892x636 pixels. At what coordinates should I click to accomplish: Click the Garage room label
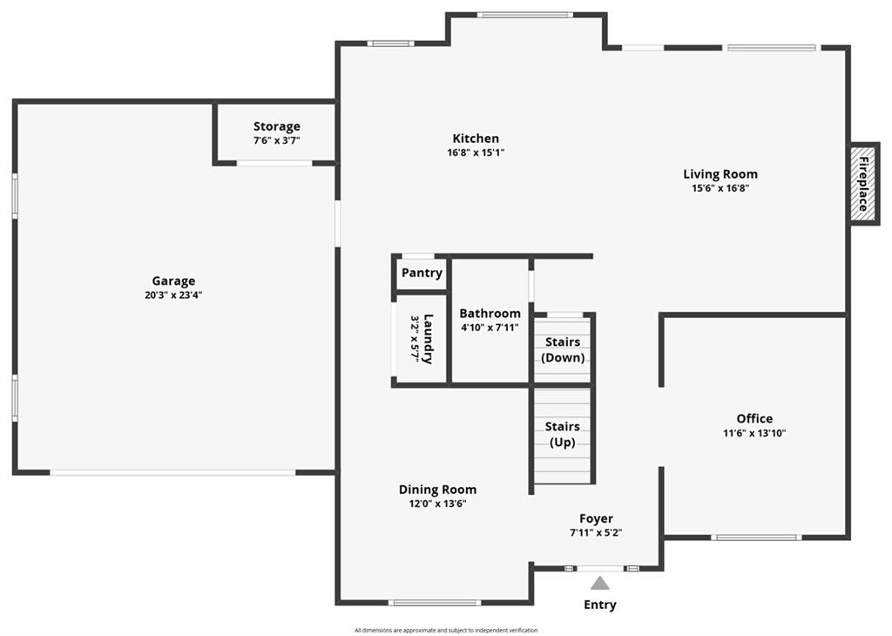[173, 281]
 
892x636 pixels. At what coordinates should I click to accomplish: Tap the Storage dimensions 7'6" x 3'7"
[276, 140]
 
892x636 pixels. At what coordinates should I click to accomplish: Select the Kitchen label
[476, 139]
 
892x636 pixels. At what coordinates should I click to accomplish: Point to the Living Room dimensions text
[720, 188]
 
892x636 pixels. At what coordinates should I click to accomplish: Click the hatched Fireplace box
[863, 183]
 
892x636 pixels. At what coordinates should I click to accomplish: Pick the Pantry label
[422, 273]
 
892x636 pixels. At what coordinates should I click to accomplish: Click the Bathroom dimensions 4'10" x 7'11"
[490, 328]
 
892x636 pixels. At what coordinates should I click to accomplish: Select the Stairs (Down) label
[563, 350]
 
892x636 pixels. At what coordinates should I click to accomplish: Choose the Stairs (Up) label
[563, 435]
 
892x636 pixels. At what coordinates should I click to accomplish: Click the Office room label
[754, 419]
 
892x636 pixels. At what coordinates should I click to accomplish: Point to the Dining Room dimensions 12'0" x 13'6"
[437, 504]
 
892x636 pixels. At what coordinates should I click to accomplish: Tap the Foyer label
[596, 518]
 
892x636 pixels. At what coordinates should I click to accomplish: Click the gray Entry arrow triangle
[599, 584]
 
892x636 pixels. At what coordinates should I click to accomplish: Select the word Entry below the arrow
[600, 605]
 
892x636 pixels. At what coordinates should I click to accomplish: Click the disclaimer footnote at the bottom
[446, 630]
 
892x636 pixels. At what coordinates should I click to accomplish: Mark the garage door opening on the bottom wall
[173, 472]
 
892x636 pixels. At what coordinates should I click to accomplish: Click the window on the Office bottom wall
[756, 537]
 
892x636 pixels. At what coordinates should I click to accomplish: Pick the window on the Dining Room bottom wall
[436, 602]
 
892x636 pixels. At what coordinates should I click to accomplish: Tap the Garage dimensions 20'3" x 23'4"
[173, 295]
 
